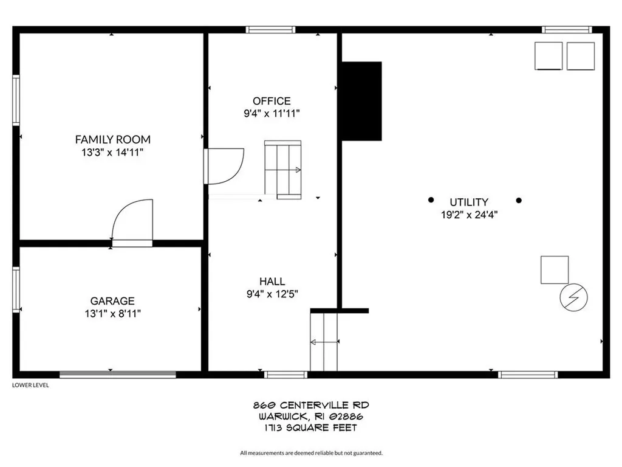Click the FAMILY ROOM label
(112, 139)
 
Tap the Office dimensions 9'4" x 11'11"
(272, 113)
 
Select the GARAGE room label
(112, 301)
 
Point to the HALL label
(272, 282)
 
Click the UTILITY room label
(469, 202)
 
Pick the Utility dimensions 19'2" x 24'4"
(470, 214)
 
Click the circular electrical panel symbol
(573, 297)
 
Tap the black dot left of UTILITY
(431, 199)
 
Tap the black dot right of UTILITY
(519, 200)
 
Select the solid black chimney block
(361, 101)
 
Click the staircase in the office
(282, 169)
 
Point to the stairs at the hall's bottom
(324, 341)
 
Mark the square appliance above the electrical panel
(555, 269)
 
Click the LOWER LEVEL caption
(30, 386)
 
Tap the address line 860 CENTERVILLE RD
(311, 405)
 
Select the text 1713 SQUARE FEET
(311, 428)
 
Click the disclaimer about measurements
(311, 452)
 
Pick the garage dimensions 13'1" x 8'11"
(112, 314)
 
